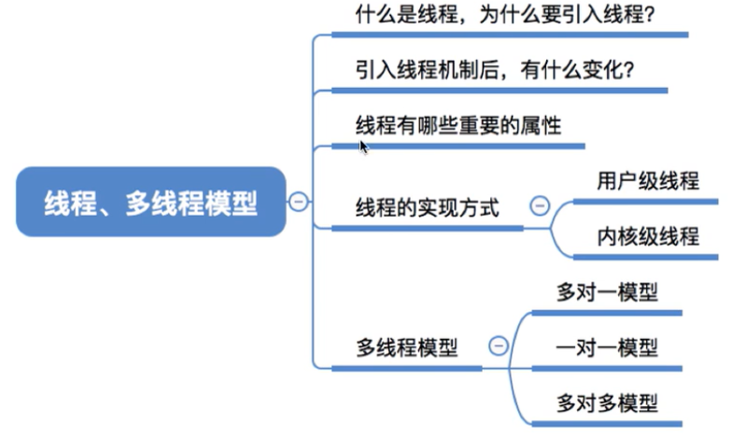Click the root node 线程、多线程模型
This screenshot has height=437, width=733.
150,202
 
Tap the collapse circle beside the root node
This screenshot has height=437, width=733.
298,202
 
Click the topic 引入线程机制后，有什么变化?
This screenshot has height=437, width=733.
495,70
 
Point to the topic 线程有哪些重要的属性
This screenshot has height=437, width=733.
458,125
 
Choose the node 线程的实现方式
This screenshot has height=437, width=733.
428,207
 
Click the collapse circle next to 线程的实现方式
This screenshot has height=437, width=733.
539,206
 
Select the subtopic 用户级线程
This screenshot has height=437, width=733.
648,180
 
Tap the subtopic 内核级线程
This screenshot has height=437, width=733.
648,236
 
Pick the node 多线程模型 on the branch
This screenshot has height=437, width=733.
407,348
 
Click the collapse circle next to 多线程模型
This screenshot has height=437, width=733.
498,346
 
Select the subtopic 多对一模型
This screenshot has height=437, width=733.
607,292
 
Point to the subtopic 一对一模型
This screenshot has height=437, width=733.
607,348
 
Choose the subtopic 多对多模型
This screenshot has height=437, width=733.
607,403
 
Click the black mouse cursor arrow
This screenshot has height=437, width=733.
363,146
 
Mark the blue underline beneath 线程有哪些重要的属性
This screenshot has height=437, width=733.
458,146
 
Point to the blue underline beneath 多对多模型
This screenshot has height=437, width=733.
607,423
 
